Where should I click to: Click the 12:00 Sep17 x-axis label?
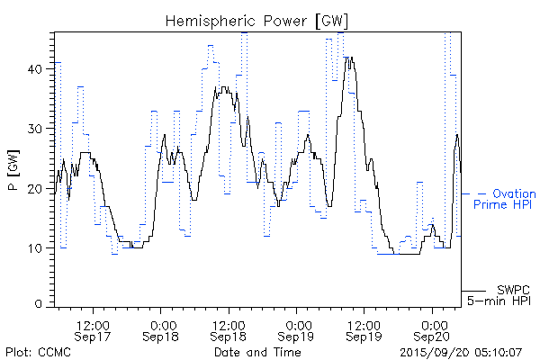[x=94, y=329]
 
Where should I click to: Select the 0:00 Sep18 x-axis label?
[x=162, y=329]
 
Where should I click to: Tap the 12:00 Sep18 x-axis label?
[x=229, y=329]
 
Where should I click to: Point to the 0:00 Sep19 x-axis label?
[x=297, y=329]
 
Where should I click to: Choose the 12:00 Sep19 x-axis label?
[x=364, y=329]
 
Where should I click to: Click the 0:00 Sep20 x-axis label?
[x=433, y=329]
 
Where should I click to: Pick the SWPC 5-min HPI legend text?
[x=501, y=294]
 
